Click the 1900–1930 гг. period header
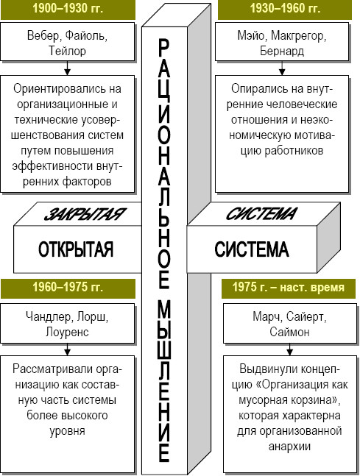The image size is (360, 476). click(68, 9)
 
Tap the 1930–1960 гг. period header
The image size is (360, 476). click(285, 9)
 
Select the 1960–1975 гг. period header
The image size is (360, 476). click(68, 287)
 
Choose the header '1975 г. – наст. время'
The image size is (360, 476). click(289, 287)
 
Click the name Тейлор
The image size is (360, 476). click(68, 51)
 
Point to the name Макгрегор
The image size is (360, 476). click(298, 36)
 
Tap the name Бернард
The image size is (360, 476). click(282, 51)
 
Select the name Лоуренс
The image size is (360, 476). click(67, 332)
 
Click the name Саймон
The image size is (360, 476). click(289, 332)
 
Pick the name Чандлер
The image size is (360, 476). click(49, 317)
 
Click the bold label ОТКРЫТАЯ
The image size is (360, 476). click(76, 249)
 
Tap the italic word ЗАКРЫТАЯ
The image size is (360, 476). click(85, 214)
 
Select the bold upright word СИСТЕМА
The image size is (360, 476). click(252, 249)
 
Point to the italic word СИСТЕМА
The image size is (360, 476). click(261, 214)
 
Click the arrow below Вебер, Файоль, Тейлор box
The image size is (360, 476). click(68, 68)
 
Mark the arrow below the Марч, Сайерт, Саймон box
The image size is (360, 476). click(289, 349)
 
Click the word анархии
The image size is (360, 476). click(289, 447)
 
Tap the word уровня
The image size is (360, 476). click(67, 431)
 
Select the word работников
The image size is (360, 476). click(294, 151)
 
